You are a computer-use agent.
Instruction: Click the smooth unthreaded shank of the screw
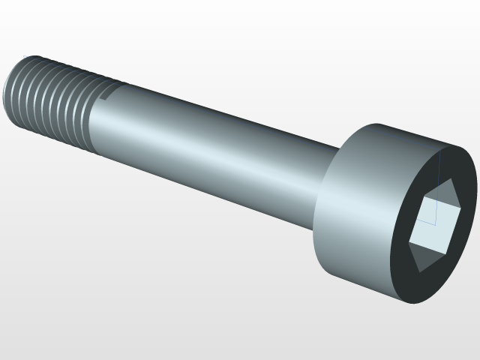tap(210, 150)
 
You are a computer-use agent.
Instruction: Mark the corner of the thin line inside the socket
tap(433, 223)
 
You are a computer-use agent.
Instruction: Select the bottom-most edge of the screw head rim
tap(405, 301)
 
